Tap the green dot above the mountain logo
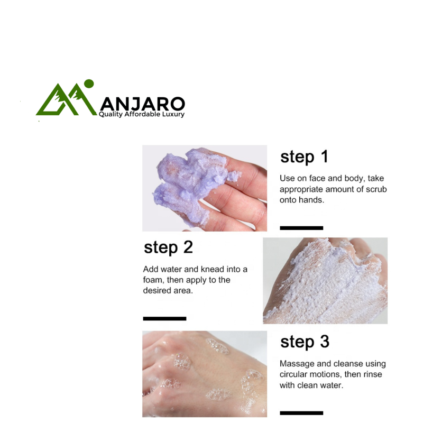(x=89, y=84)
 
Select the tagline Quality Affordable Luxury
(x=142, y=114)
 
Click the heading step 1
(x=305, y=157)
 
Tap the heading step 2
(x=168, y=247)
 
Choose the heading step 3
(x=305, y=342)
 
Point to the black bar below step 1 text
(x=301, y=228)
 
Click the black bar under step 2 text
(x=164, y=319)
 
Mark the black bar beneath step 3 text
(x=301, y=413)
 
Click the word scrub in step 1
(x=376, y=189)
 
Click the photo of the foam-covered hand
(x=325, y=281)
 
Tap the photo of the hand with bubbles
(x=205, y=374)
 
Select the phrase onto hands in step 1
(x=301, y=200)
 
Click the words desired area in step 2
(x=168, y=290)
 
